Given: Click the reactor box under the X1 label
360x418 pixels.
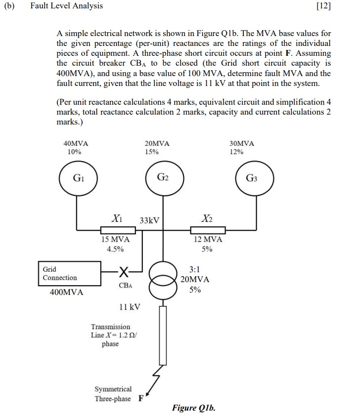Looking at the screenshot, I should pyautogui.click(x=118, y=230).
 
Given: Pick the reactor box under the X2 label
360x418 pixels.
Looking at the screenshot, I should pyautogui.click(x=208, y=230).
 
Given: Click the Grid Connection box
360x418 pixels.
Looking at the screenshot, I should pyautogui.click(x=69, y=274).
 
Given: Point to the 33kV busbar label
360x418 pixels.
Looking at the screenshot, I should pyautogui.click(x=150, y=220).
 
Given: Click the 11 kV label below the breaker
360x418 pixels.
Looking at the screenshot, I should pyautogui.click(x=130, y=307).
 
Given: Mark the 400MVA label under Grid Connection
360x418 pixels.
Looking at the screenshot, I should pyautogui.click(x=67, y=293).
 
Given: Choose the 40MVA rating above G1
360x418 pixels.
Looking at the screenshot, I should pyautogui.click(x=76, y=143).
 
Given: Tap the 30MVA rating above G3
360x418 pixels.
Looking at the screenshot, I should pyautogui.click(x=242, y=143).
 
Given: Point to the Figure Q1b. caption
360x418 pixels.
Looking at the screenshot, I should pyautogui.click(x=194, y=408).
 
